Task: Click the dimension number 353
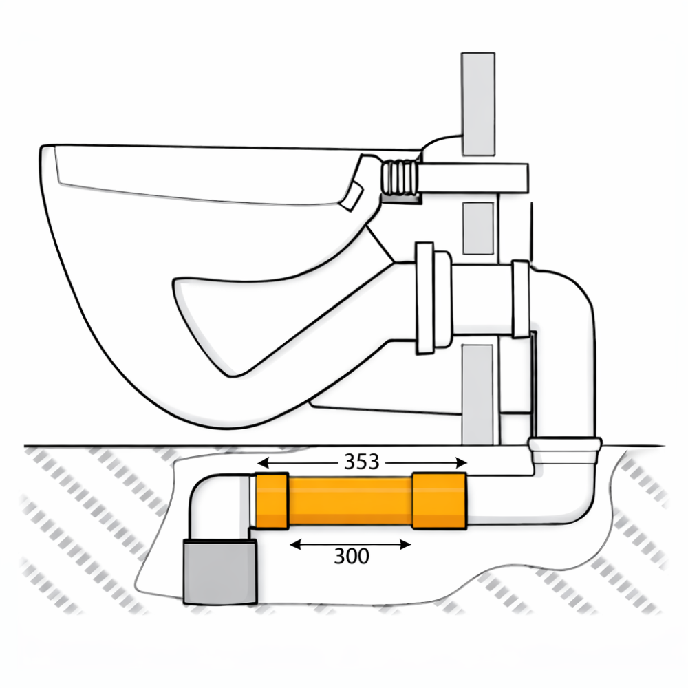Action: (x=362, y=462)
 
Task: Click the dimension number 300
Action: (x=352, y=557)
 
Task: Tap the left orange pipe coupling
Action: (x=272, y=501)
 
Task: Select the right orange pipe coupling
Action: (x=439, y=501)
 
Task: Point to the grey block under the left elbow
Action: (x=219, y=572)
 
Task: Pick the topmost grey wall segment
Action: (x=478, y=104)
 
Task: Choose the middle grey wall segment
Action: (x=478, y=228)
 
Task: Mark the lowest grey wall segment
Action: (x=478, y=394)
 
